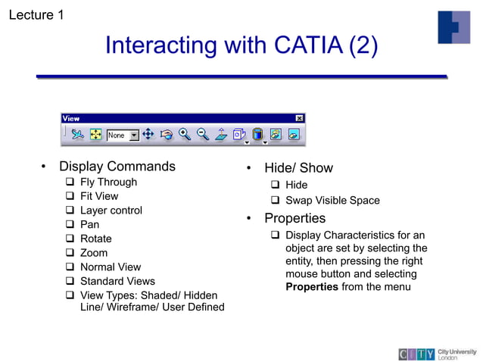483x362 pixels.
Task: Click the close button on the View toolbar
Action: point(300,118)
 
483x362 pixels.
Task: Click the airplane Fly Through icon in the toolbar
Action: point(77,135)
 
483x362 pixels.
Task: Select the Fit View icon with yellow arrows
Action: point(96,135)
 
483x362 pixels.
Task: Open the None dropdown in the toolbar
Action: point(134,136)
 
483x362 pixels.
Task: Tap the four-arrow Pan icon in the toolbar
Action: point(148,135)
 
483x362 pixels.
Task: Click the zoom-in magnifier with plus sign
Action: point(185,135)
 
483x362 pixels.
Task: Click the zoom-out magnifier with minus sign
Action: point(202,135)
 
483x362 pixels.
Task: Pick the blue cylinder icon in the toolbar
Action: point(257,135)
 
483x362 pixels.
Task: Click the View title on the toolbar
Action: point(71,118)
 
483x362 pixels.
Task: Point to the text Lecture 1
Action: point(36,14)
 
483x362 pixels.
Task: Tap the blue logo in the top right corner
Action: point(453,27)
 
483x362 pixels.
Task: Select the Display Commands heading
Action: point(117,167)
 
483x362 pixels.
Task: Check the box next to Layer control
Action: point(70,211)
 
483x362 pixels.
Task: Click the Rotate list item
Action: point(95,239)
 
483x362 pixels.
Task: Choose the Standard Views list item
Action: point(117,281)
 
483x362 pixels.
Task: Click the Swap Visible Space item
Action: point(332,201)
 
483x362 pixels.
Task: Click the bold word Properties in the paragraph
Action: point(311,287)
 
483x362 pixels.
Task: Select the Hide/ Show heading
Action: point(298,168)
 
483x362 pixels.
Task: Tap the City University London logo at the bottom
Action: point(438,354)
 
